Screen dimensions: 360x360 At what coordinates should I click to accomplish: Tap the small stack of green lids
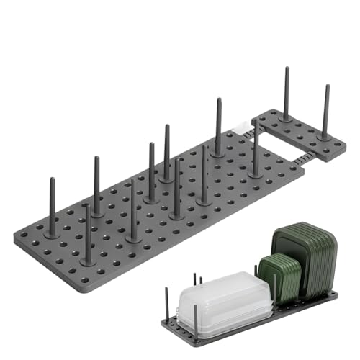click(x=274, y=276)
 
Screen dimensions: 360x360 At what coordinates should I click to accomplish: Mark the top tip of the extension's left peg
click(x=286, y=70)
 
